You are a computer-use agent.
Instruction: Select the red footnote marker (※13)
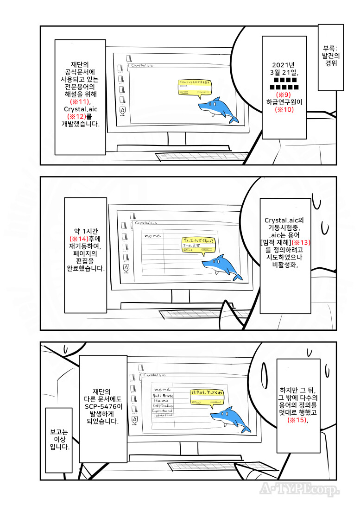(x=301, y=242)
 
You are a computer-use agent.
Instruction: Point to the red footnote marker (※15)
(x=297, y=420)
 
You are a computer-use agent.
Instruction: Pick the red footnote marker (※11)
(x=80, y=101)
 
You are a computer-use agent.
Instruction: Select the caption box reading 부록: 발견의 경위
(x=331, y=56)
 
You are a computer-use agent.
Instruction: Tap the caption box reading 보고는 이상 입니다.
(x=58, y=440)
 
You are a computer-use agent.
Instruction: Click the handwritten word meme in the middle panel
(x=153, y=236)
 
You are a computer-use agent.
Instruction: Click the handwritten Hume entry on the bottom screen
(x=161, y=400)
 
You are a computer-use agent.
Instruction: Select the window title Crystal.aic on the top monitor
(x=142, y=66)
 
